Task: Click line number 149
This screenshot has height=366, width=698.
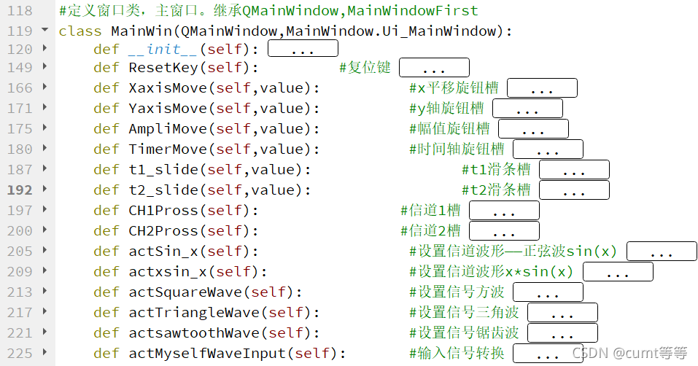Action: coord(20,68)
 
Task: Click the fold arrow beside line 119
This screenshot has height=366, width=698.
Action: coord(45,31)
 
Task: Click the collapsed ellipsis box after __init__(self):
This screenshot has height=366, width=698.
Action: coord(303,49)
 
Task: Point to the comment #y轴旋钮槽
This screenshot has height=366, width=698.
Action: coord(446,109)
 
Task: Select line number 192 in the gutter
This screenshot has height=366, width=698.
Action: coord(20,190)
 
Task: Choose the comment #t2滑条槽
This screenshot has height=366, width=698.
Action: coord(496,190)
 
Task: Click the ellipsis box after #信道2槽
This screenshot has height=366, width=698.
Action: coord(504,231)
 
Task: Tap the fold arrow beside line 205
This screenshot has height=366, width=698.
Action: coord(45,251)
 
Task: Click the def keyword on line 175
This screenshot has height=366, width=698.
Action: coord(106,129)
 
